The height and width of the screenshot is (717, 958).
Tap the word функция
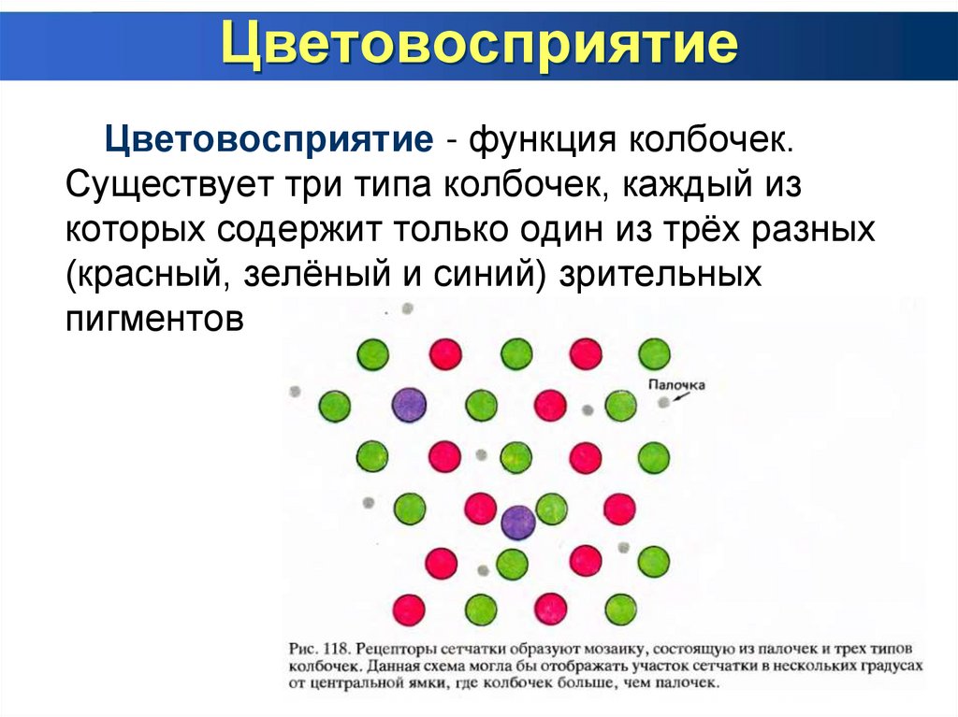point(542,142)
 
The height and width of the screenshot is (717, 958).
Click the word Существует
point(165,186)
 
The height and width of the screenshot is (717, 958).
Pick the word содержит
point(316,231)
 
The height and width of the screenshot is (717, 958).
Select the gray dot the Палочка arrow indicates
point(663,401)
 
